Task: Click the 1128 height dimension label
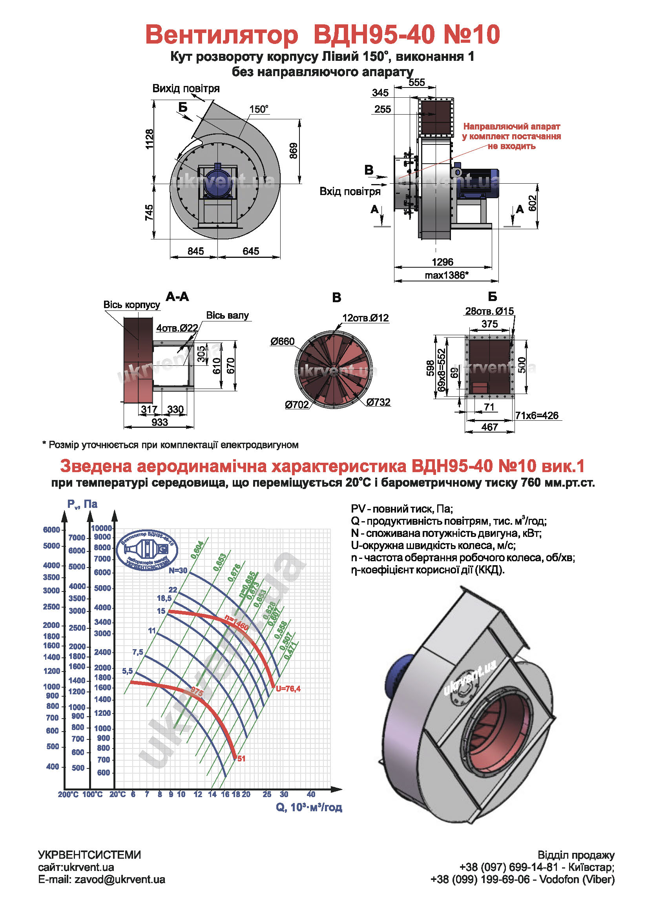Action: pyautogui.click(x=149, y=139)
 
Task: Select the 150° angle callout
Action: pyautogui.click(x=259, y=109)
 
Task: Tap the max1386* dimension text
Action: pyautogui.click(x=446, y=275)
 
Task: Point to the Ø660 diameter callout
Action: pyautogui.click(x=282, y=341)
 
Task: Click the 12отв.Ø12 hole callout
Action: pyautogui.click(x=365, y=318)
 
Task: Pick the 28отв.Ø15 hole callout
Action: pyautogui.click(x=489, y=311)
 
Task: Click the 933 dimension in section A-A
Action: pyautogui.click(x=159, y=422)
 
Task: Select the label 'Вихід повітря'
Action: pyautogui.click(x=186, y=88)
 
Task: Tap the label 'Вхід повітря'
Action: pyautogui.click(x=350, y=192)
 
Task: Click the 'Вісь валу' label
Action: pyautogui.click(x=227, y=316)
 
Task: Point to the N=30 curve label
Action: pyautogui.click(x=178, y=571)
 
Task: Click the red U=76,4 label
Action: pyautogui.click(x=288, y=688)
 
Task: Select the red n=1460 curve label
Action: pyautogui.click(x=237, y=622)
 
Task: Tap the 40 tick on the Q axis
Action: pyautogui.click(x=310, y=794)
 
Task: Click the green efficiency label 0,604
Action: pyautogui.click(x=197, y=550)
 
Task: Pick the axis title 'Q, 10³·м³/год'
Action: pyautogui.click(x=308, y=807)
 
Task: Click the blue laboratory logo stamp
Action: pyautogui.click(x=147, y=550)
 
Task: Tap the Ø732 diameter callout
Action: pyautogui.click(x=378, y=402)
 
